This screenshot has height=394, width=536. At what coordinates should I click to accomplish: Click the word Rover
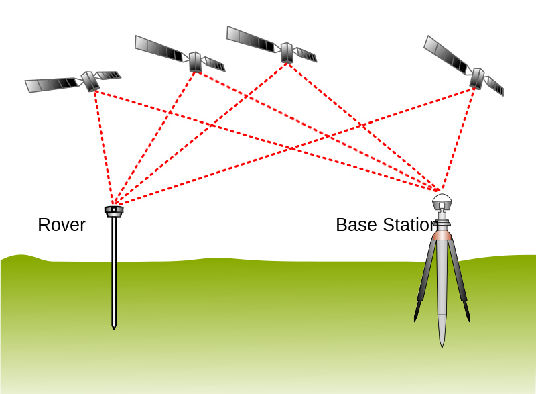[62, 225]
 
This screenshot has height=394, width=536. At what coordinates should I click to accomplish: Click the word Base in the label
[351, 225]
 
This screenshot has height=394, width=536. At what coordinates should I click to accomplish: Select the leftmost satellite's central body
[90, 81]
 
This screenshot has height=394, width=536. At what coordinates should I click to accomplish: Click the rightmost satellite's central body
[476, 78]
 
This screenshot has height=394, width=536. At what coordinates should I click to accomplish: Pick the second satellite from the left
[195, 62]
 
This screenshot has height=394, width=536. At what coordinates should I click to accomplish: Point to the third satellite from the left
[287, 52]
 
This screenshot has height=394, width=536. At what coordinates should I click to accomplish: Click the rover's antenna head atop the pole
[114, 211]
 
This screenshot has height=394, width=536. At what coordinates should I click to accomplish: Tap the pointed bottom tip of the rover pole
[114, 327]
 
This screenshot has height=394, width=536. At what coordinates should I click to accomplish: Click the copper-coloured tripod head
[442, 235]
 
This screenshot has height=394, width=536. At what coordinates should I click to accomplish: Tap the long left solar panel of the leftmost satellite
[52, 85]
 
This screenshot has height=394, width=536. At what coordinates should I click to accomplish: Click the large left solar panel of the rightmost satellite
[445, 54]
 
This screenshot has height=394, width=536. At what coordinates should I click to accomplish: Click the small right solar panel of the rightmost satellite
[494, 85]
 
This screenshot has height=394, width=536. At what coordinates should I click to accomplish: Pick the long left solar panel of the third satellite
[251, 39]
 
